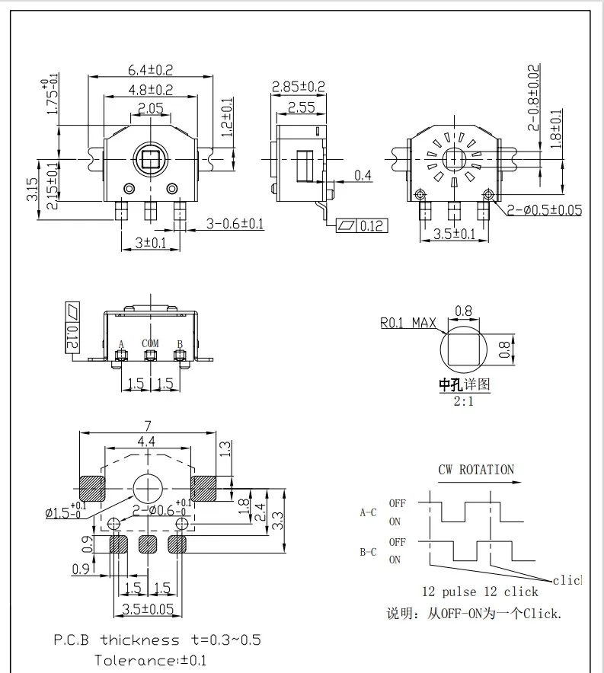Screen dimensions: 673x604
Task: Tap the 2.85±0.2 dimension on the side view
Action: [299, 87]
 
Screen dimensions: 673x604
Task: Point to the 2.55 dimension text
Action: [302, 107]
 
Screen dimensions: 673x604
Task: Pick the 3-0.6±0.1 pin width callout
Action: [235, 223]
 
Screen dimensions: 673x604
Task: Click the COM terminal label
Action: [150, 344]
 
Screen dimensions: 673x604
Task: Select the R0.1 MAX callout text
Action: [408, 323]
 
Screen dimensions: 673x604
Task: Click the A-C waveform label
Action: [368, 512]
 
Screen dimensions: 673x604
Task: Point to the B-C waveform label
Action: [368, 550]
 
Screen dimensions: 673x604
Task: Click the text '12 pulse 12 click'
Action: [480, 592]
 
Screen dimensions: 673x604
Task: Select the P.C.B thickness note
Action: [157, 640]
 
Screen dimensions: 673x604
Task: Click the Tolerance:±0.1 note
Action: [149, 660]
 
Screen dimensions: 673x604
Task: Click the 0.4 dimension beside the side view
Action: [363, 176]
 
